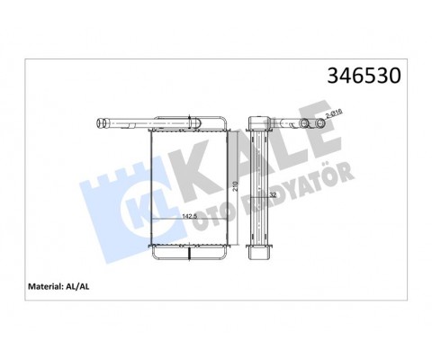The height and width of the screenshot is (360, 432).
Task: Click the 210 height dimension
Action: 236,184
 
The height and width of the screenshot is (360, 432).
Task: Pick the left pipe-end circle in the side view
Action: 302,122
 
